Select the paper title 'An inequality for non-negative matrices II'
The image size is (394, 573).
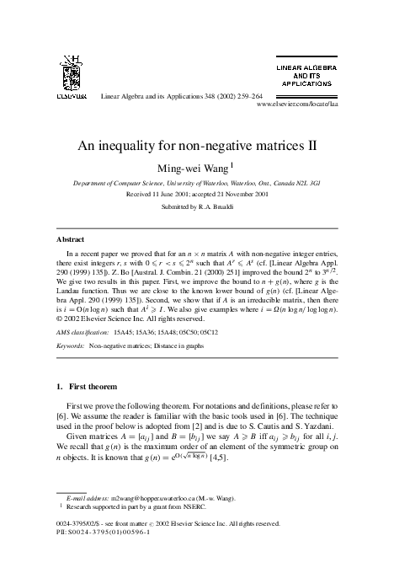197,144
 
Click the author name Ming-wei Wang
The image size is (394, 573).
194,167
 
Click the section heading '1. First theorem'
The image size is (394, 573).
90,385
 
